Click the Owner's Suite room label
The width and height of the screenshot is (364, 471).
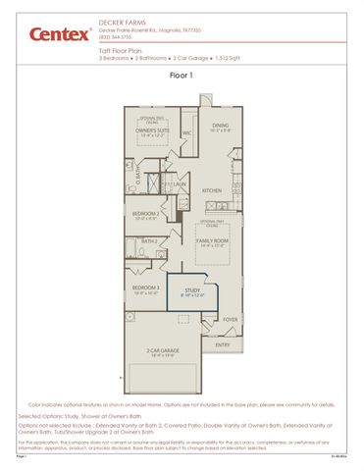[152, 130]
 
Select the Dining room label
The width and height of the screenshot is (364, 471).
[221, 125]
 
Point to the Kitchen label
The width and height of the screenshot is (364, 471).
[212, 189]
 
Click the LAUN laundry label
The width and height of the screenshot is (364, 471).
[181, 183]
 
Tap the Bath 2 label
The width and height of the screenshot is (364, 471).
[149, 240]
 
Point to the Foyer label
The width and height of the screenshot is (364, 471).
[230, 319]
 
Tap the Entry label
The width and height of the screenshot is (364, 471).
[223, 344]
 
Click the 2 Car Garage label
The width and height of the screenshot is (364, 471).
[161, 349]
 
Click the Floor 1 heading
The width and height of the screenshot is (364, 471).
[182, 75]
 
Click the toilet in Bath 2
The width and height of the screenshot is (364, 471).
[134, 245]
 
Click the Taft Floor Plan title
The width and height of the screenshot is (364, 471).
[121, 50]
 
